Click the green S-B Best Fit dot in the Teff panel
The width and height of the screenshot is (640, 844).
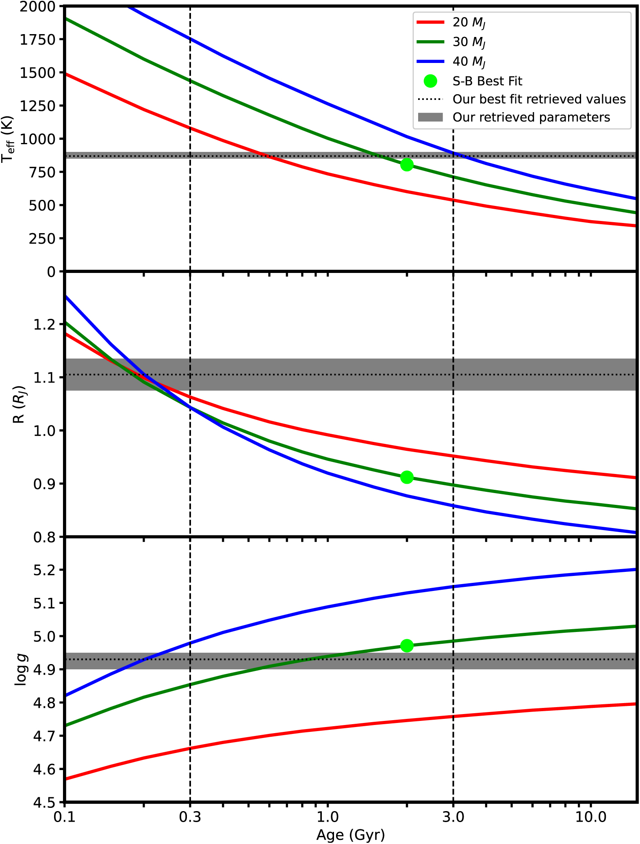click(x=407, y=165)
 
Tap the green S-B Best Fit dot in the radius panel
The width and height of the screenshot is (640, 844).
click(x=407, y=477)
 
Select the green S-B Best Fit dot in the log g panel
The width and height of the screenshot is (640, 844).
click(x=407, y=646)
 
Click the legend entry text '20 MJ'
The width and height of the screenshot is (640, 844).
click(x=469, y=23)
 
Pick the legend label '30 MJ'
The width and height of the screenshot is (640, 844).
click(x=469, y=42)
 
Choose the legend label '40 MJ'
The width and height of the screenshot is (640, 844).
click(x=469, y=62)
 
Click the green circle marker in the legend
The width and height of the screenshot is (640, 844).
click(x=430, y=81)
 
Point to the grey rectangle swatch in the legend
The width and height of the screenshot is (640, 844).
click(x=430, y=117)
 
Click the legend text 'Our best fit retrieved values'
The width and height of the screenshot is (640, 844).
click(x=539, y=99)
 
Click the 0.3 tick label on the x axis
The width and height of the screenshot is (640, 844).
click(x=190, y=817)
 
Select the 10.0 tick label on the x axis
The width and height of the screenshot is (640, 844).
click(x=590, y=817)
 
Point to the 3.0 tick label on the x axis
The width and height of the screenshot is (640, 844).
click(x=453, y=817)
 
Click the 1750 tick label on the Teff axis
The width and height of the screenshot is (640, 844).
click(x=37, y=39)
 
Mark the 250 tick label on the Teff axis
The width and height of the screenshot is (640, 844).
click(x=42, y=238)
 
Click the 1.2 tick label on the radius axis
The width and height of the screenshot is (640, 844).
click(x=44, y=325)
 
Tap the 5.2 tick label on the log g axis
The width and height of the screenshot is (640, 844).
click(x=44, y=570)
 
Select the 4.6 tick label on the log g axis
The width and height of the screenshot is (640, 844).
click(x=44, y=769)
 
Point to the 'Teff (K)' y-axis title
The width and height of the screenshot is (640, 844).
click(x=8, y=139)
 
